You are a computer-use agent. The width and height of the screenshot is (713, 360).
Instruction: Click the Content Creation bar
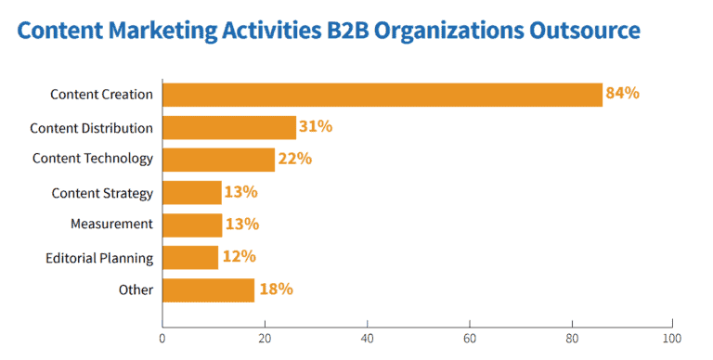382,95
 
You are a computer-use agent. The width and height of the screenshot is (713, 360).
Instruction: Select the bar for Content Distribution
229,127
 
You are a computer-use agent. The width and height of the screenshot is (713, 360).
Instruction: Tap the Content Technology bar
219,160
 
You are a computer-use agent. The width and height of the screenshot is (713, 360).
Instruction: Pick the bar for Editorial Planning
190,257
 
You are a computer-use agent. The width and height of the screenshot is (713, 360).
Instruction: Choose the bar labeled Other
208,290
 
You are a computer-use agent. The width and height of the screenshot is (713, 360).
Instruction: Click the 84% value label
623,93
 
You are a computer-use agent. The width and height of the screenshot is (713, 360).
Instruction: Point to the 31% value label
316,126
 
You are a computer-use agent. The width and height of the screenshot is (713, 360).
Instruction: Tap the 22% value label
295,159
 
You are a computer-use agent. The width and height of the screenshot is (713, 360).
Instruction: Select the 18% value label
276,289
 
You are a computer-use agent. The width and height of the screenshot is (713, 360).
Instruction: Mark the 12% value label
240,256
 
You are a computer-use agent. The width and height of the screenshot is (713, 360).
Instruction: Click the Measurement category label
111,225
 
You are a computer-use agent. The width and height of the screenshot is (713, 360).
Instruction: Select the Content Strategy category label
102,194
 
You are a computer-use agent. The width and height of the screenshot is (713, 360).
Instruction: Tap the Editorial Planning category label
99,258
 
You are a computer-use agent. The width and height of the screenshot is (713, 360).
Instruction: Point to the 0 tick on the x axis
162,339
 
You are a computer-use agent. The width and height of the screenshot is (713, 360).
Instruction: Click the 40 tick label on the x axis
367,339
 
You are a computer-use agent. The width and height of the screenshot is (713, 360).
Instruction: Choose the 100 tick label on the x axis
672,339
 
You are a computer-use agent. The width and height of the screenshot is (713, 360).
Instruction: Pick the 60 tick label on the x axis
469,339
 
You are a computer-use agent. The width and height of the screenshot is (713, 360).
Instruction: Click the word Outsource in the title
584,30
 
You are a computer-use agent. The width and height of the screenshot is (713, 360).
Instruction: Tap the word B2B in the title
347,30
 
